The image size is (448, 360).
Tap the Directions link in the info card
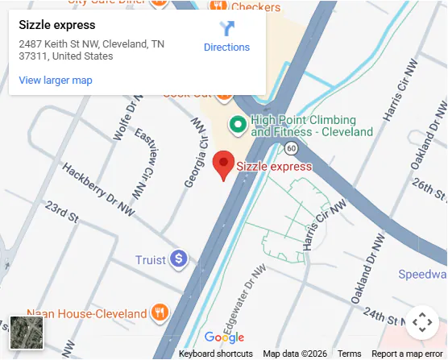click(226, 47)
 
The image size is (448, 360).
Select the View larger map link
click(56, 80)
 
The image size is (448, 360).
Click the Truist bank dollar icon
click(178, 259)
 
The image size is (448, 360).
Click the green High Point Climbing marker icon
click(237, 125)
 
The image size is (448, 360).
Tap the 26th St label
click(429, 190)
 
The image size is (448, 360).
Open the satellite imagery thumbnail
click(27, 333)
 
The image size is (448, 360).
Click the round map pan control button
click(421, 323)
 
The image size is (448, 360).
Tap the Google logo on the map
click(224, 337)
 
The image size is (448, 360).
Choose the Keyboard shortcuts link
click(215, 354)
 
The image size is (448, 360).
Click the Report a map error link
click(407, 354)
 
